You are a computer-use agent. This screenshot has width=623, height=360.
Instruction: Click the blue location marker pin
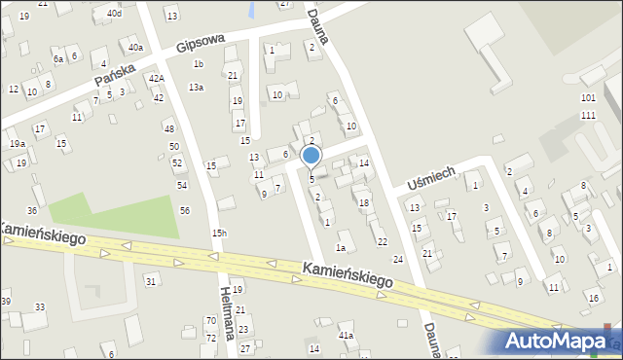pyautogui.click(x=311, y=156)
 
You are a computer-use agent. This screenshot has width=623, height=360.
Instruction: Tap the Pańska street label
pyautogui.click(x=114, y=71)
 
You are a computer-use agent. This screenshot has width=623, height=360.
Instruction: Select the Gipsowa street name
pyautogui.click(x=201, y=43)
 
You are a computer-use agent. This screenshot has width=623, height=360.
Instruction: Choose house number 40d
pyautogui.click(x=115, y=14)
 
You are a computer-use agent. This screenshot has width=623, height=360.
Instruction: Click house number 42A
pyautogui.click(x=156, y=79)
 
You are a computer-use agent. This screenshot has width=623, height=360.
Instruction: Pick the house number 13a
pyautogui.click(x=197, y=88)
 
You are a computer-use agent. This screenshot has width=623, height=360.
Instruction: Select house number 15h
pyautogui.click(x=220, y=234)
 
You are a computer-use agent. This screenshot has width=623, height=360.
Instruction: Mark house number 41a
pyautogui.click(x=346, y=336)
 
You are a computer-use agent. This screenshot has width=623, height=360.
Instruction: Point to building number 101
pyautogui.click(x=588, y=98)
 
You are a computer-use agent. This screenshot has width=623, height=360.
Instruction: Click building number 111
pyautogui.click(x=588, y=116)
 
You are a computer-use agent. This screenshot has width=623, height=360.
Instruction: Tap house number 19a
pyautogui.click(x=18, y=144)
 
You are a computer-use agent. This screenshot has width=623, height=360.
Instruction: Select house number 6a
pyautogui.click(x=58, y=59)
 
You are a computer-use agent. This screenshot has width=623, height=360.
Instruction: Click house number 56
pyautogui.click(x=185, y=211)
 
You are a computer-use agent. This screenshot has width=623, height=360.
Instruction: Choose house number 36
pyautogui.click(x=32, y=211)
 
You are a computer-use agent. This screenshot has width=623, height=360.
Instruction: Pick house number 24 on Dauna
pyautogui.click(x=397, y=260)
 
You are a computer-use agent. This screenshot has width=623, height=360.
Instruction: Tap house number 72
pyautogui.click(x=210, y=337)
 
